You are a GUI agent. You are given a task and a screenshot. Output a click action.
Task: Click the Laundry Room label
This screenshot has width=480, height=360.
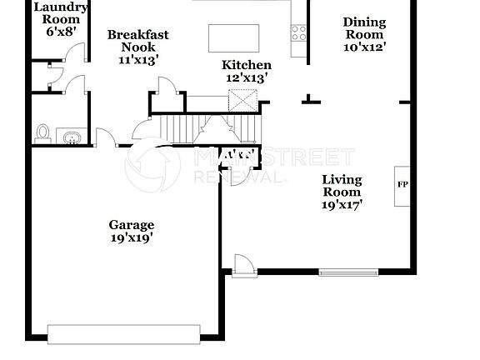click(x=55, y=12)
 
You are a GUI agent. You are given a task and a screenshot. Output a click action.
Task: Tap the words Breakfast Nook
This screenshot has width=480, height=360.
click(x=138, y=41)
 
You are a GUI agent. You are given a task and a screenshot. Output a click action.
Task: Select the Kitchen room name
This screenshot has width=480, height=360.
click(x=246, y=65)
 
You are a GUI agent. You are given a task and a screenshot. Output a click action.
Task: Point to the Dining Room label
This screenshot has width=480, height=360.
click(x=364, y=28)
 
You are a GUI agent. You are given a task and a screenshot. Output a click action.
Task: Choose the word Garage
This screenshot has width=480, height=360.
click(x=132, y=225)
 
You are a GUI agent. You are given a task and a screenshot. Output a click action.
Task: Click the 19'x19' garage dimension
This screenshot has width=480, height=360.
click(x=132, y=237)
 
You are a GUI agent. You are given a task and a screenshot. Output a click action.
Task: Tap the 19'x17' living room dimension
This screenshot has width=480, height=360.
click(x=342, y=204)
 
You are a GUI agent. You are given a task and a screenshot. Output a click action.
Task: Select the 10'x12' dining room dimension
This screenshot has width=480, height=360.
click(x=364, y=47)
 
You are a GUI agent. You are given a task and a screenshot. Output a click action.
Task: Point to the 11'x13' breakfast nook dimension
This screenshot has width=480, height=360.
click(x=138, y=59)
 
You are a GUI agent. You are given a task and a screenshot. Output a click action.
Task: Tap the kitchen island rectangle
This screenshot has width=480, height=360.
click(x=231, y=39)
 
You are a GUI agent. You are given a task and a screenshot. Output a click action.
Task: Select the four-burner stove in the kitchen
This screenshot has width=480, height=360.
click(x=297, y=33)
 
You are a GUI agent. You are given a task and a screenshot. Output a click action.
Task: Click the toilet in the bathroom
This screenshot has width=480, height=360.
click(x=43, y=132)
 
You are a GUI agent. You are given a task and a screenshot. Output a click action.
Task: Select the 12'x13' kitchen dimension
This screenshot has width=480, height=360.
click(x=246, y=77)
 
